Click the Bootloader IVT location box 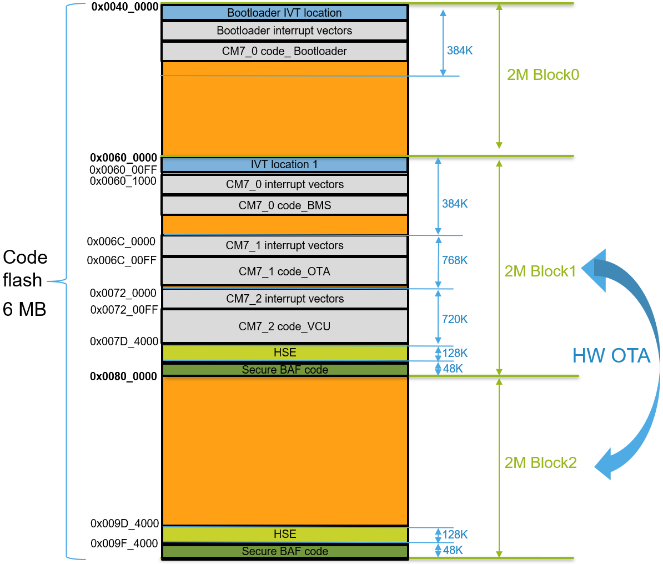(x=284, y=13)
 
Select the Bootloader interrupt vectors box (x=284, y=31)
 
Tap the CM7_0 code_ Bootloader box (x=284, y=51)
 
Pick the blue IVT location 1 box (x=284, y=165)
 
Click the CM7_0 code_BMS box (x=284, y=205)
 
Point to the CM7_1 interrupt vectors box (x=284, y=245)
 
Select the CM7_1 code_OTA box (x=284, y=271)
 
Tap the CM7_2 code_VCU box (x=284, y=326)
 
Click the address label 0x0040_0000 (x=125, y=7)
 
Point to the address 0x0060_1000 (x=123, y=181)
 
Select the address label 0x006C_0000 (x=122, y=241)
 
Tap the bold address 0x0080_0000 (x=124, y=376)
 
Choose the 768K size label (x=455, y=260)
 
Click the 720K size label (x=455, y=319)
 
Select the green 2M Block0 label (x=543, y=75)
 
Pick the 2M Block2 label (x=540, y=463)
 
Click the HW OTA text (x=611, y=356)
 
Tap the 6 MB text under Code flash (x=24, y=309)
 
